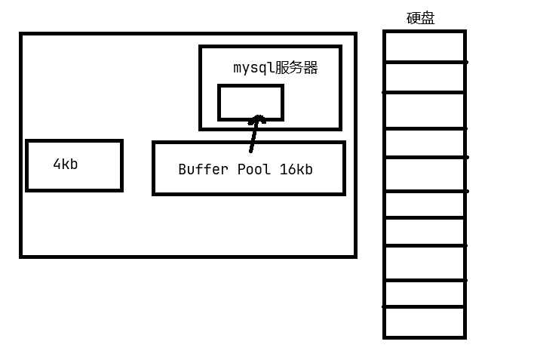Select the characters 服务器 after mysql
[x=296, y=68]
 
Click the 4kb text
[x=65, y=165]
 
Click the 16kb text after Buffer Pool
[x=296, y=170]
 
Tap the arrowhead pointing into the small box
[x=258, y=118]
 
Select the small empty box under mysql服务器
[x=250, y=102]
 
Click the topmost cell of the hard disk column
[x=425, y=47]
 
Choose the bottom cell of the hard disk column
[x=425, y=322]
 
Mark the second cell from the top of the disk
[x=425, y=77]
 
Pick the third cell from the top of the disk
[x=425, y=110]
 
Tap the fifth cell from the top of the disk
[x=425, y=174]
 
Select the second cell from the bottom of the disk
[x=425, y=294]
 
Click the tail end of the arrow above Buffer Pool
[x=251, y=150]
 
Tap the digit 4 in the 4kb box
[x=57, y=165]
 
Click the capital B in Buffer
[x=182, y=170]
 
